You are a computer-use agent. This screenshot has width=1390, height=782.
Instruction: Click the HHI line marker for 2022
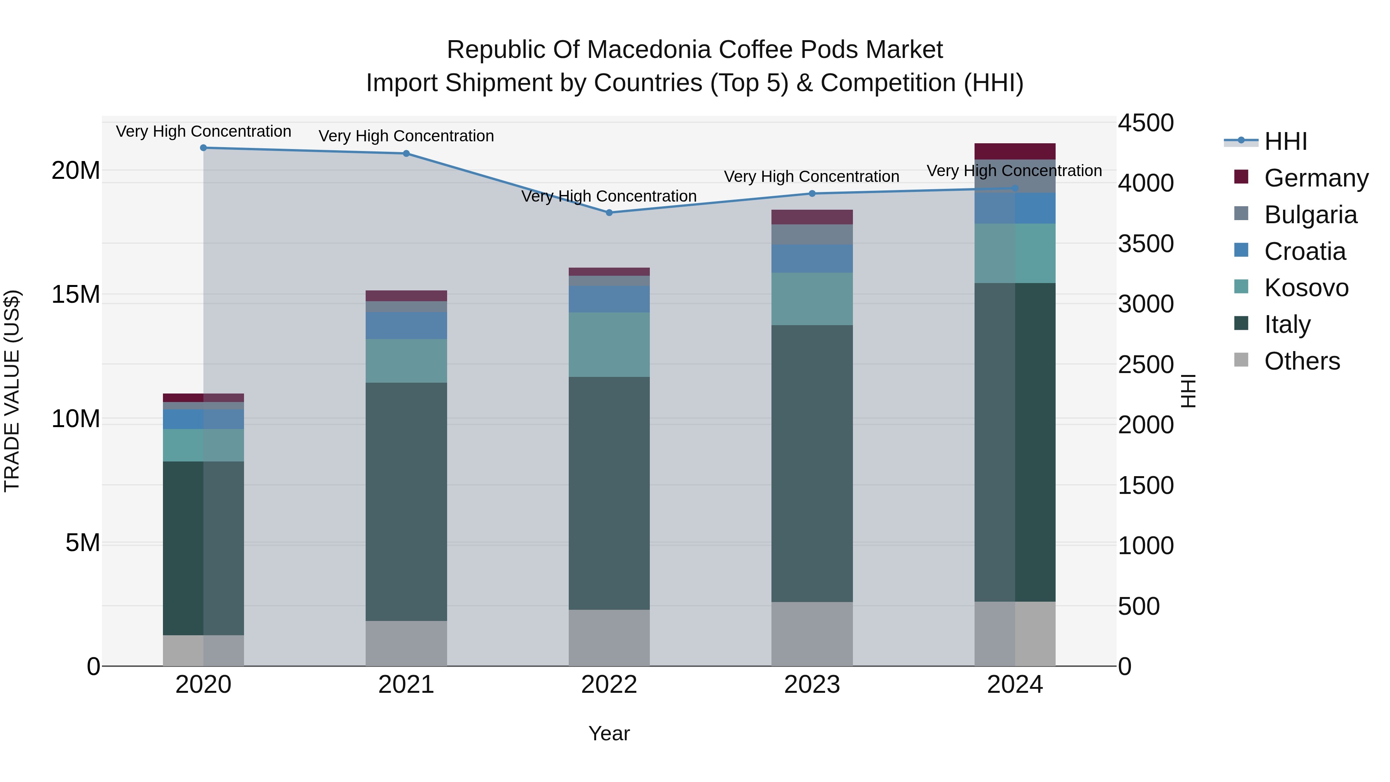tap(609, 213)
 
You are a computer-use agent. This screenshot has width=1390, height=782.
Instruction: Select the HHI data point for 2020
tap(203, 148)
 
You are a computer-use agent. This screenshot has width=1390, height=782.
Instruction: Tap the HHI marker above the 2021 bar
tap(406, 154)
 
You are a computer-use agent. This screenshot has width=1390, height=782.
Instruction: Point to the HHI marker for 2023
tap(812, 194)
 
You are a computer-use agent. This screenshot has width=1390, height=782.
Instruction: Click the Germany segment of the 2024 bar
tap(1015, 152)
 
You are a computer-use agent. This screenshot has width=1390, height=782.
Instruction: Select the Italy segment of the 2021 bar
tap(406, 502)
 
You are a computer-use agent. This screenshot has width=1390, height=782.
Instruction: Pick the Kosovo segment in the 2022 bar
tap(609, 345)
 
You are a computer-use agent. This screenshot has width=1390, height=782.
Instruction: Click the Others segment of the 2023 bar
tap(812, 634)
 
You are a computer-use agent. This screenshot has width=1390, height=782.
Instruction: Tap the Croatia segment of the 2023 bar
tap(812, 258)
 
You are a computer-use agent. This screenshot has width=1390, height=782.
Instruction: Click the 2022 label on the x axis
tap(609, 685)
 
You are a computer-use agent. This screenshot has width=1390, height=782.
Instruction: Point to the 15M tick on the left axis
tap(76, 295)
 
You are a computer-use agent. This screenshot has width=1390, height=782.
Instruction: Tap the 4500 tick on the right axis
tap(1145, 123)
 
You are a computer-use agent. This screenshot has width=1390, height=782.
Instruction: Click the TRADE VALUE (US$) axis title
tap(12, 391)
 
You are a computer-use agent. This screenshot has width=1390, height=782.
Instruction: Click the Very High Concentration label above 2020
tap(203, 131)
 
